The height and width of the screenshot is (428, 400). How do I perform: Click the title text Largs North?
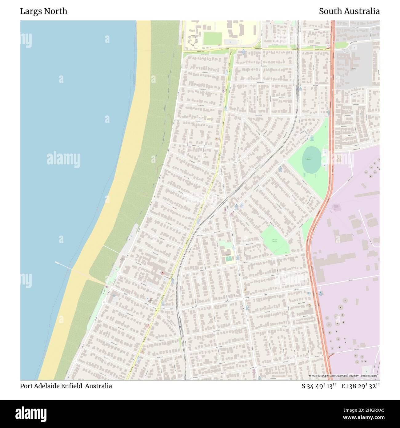[x=43, y=11]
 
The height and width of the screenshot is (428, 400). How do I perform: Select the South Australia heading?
[x=349, y=11]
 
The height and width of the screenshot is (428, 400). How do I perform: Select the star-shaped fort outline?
[x=194, y=40]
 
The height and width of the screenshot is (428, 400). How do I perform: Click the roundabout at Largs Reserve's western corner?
[x=284, y=161]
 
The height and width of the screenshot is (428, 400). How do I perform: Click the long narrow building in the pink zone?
[x=367, y=194]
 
